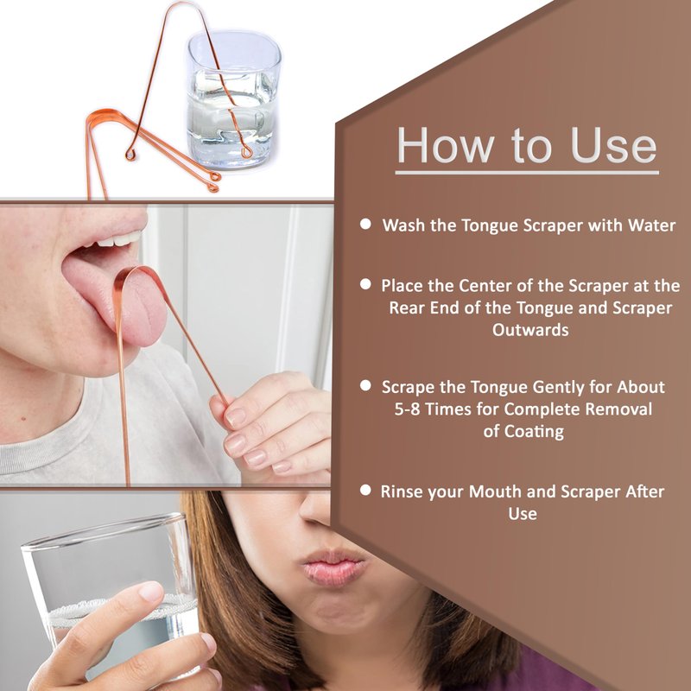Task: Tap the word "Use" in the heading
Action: pyautogui.click(x=613, y=145)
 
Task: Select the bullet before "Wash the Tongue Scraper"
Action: pyautogui.click(x=365, y=224)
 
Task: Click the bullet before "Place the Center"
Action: pyautogui.click(x=365, y=284)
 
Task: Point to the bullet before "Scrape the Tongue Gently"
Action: pyautogui.click(x=365, y=385)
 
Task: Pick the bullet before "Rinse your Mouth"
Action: pyautogui.click(x=365, y=490)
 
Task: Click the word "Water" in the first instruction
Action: pyautogui.click(x=652, y=225)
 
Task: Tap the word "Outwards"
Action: pyautogui.click(x=530, y=330)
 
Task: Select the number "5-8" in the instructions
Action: pyautogui.click(x=407, y=409)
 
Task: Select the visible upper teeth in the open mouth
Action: pyautogui.click(x=120, y=239)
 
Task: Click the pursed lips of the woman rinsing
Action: pyautogui.click(x=333, y=568)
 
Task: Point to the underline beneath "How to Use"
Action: pyautogui.click(x=527, y=173)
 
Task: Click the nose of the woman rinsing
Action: pyautogui.click(x=314, y=509)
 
